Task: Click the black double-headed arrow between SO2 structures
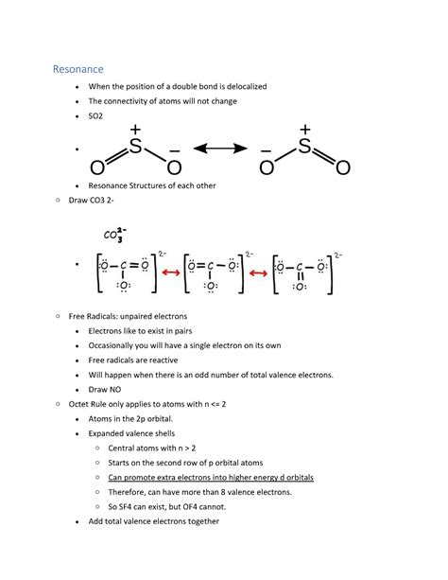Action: pos(220,149)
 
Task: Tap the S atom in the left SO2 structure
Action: pos(134,149)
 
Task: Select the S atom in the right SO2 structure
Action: pos(304,148)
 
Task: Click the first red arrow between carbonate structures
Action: pos(171,272)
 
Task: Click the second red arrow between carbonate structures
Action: pos(260,272)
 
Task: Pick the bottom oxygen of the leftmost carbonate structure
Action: pos(124,285)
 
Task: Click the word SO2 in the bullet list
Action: pos(95,115)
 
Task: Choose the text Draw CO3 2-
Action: pos(95,201)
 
